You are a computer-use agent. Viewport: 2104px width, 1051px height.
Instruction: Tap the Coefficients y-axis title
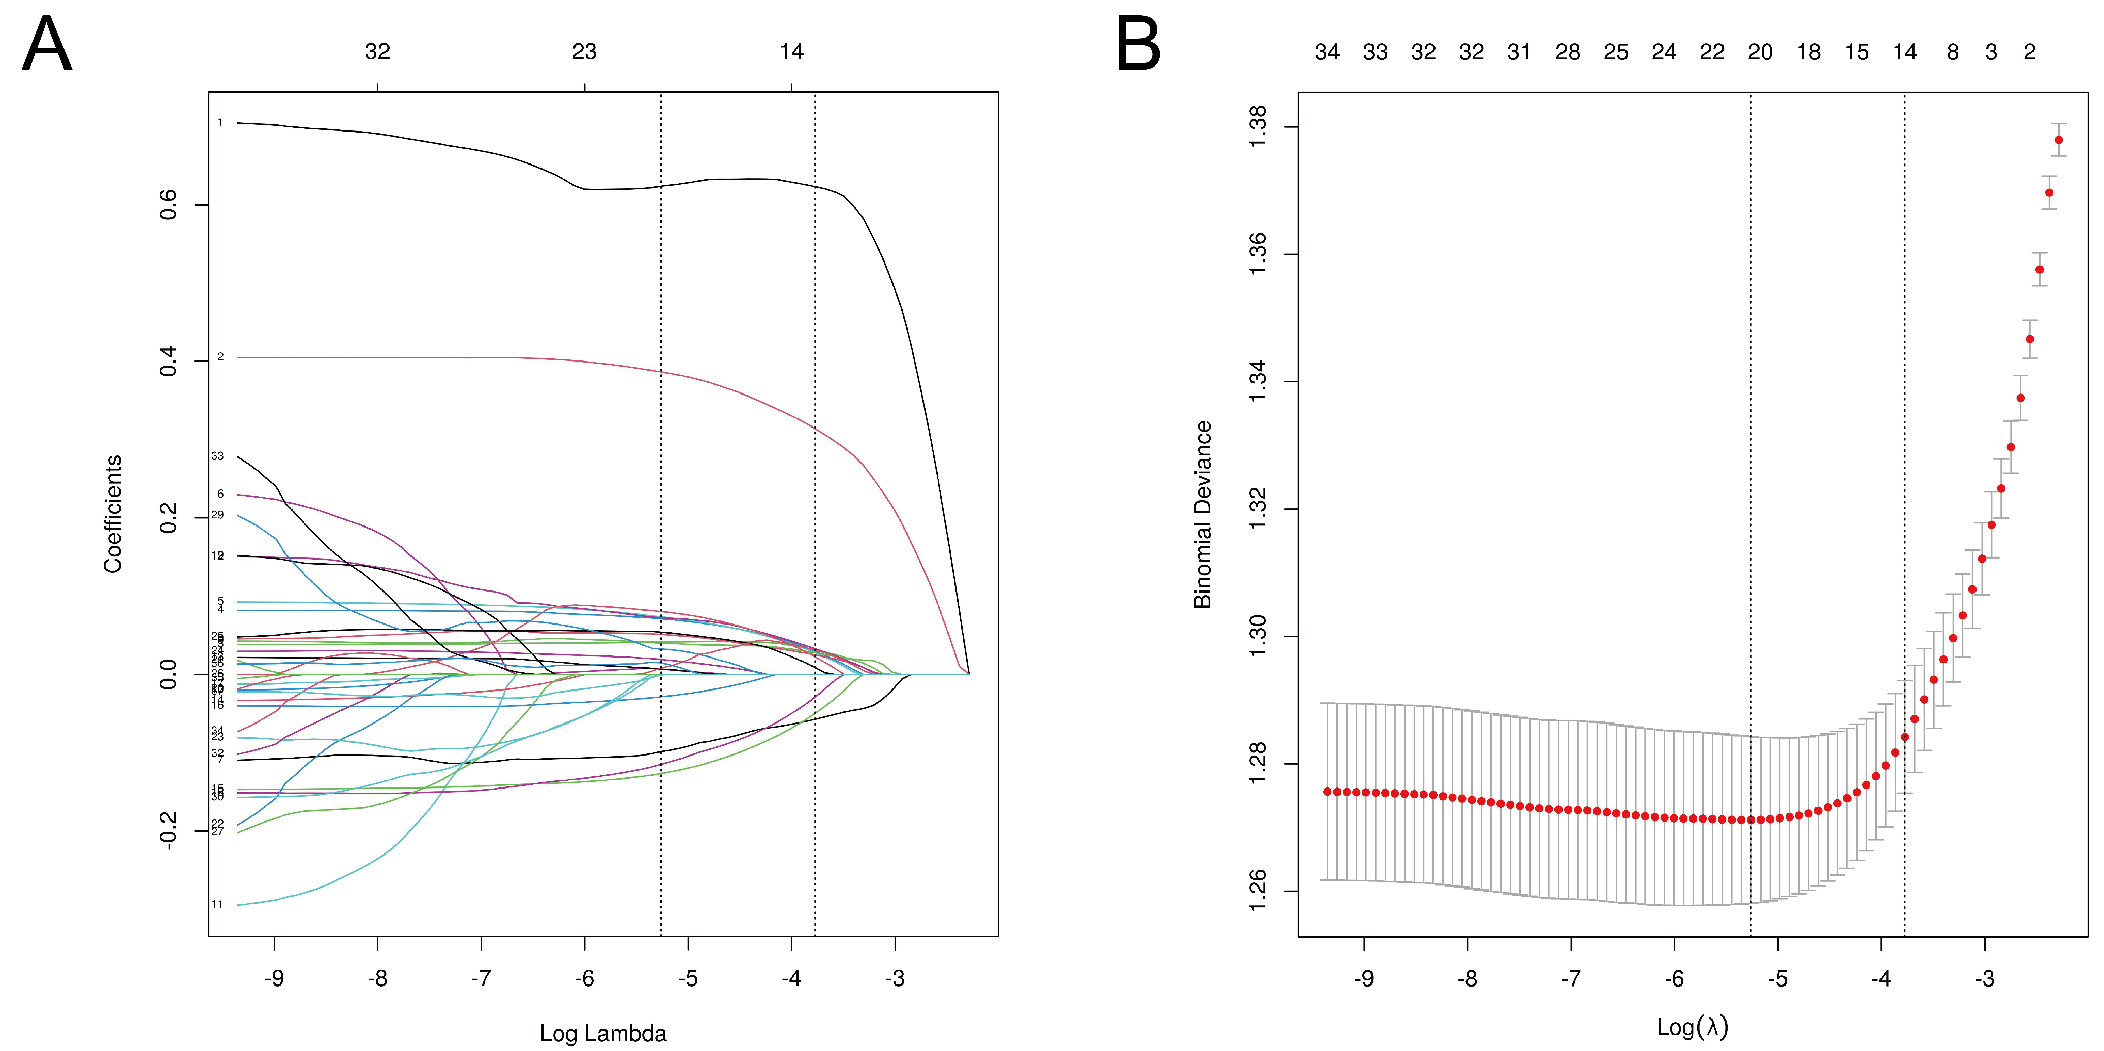113,514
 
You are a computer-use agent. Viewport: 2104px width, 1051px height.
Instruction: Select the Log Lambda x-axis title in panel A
603,1033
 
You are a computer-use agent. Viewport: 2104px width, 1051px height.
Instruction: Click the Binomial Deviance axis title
1202,514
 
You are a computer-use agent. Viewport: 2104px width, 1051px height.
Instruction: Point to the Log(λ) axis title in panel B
1693,1027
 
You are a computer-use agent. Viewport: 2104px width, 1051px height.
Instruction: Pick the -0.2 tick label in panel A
168,831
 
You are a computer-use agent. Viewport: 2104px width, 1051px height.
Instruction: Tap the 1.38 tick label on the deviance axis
1258,126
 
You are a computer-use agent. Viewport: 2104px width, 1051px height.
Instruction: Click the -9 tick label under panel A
274,978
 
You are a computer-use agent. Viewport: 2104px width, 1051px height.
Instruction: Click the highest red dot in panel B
2058,140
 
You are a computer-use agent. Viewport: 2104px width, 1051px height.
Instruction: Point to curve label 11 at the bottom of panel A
217,904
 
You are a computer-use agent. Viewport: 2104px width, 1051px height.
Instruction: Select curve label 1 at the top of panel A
220,122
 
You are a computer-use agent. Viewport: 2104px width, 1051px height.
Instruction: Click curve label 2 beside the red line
220,357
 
